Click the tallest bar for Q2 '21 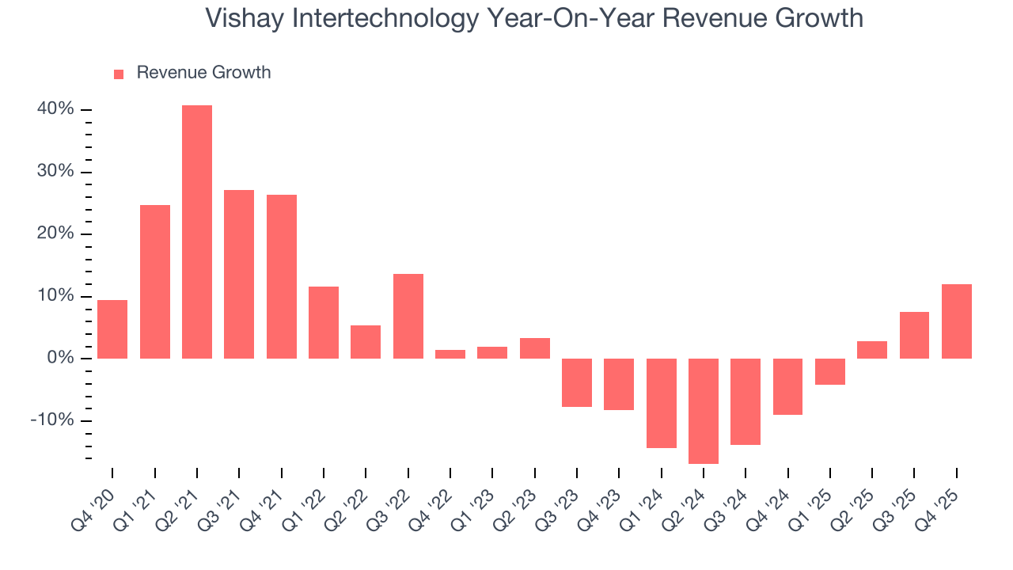(197, 232)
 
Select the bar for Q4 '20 (112, 329)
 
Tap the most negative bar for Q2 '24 (704, 411)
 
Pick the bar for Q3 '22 (408, 316)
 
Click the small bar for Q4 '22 (450, 354)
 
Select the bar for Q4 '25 (957, 321)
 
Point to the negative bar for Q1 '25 (830, 371)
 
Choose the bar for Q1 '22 (324, 322)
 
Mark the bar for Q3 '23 (577, 382)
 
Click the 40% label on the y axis (55, 109)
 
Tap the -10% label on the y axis (52, 420)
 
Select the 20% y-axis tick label (55, 234)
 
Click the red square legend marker (119, 74)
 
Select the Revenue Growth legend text (203, 73)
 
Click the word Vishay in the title (245, 18)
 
